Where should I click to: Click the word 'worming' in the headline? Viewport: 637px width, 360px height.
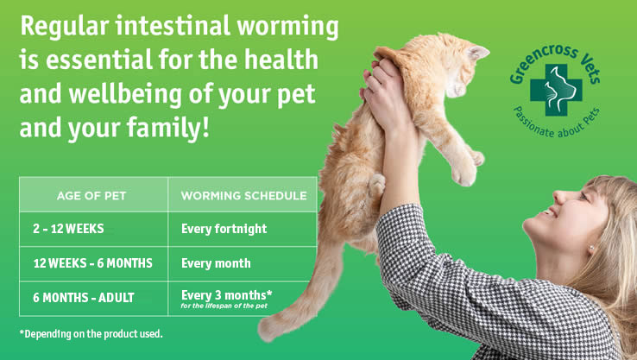point(287,28)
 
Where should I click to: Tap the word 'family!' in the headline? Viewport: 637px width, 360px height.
point(167,127)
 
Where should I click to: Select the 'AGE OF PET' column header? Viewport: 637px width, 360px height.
point(91,196)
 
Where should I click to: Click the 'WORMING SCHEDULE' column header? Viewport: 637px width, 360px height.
point(243,196)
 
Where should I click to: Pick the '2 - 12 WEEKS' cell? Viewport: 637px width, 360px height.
point(68,229)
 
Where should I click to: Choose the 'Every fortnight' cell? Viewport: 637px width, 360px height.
point(224,229)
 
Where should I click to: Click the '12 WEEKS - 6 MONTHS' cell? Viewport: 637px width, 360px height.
point(92,263)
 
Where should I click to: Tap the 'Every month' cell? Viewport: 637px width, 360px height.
point(216,263)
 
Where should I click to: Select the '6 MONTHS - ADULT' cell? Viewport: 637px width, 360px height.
point(83,298)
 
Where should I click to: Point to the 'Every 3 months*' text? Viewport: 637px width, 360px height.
point(227,295)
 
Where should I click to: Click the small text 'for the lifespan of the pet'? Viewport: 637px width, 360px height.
point(224,306)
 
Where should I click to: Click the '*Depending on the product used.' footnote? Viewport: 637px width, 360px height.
point(91,334)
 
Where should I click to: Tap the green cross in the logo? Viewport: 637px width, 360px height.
point(556,90)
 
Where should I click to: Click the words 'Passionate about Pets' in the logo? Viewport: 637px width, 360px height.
point(557,123)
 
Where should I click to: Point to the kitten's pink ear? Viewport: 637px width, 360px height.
point(477,52)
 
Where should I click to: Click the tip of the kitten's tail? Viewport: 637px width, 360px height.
point(263,332)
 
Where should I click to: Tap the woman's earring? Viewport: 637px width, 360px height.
point(591,248)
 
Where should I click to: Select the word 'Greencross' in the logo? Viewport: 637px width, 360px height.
point(540,62)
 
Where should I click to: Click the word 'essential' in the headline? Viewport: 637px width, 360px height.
point(99,60)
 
